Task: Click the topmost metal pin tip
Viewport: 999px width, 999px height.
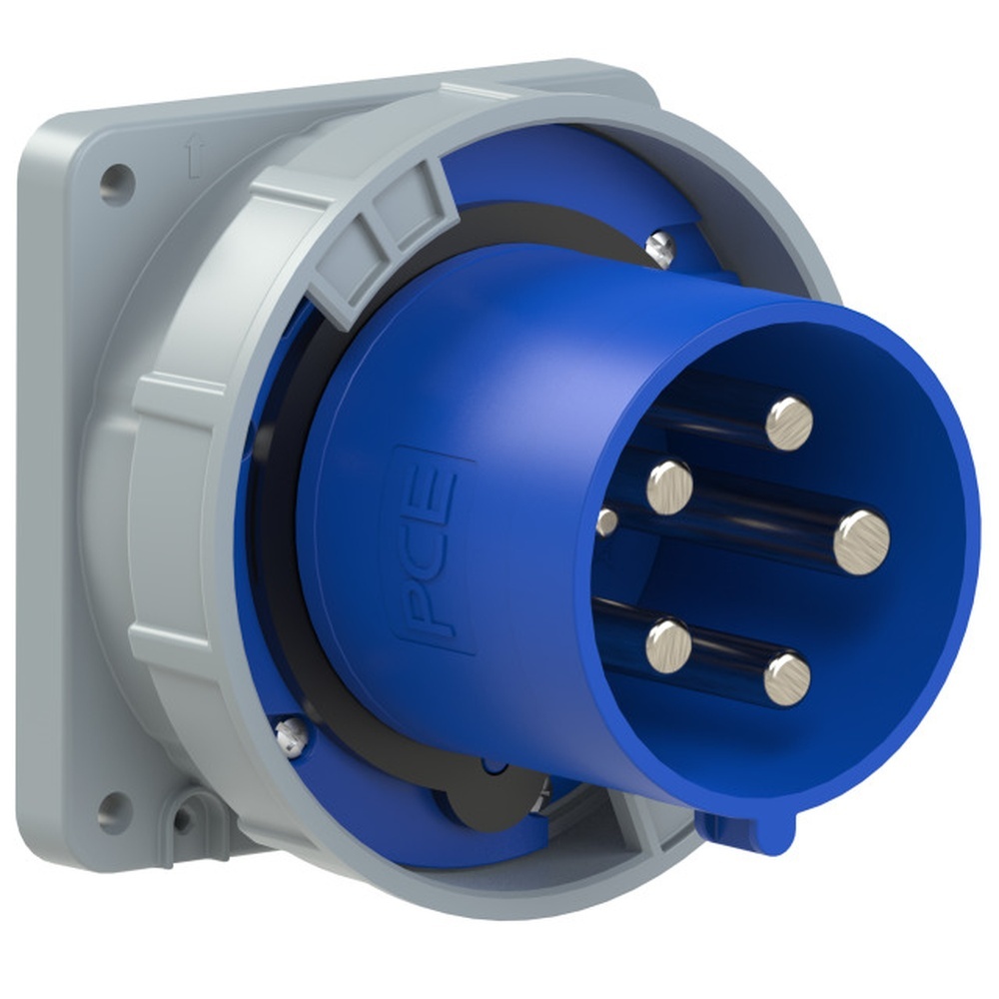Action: click(x=789, y=424)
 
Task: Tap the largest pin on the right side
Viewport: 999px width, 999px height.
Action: click(x=861, y=542)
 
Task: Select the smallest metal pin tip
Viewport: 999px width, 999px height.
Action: click(x=606, y=521)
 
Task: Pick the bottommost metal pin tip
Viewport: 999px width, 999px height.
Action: click(x=787, y=679)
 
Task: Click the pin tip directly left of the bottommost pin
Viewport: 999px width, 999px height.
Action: click(x=669, y=643)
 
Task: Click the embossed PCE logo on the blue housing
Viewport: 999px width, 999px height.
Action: click(x=433, y=550)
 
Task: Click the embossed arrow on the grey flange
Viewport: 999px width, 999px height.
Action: click(x=194, y=156)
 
